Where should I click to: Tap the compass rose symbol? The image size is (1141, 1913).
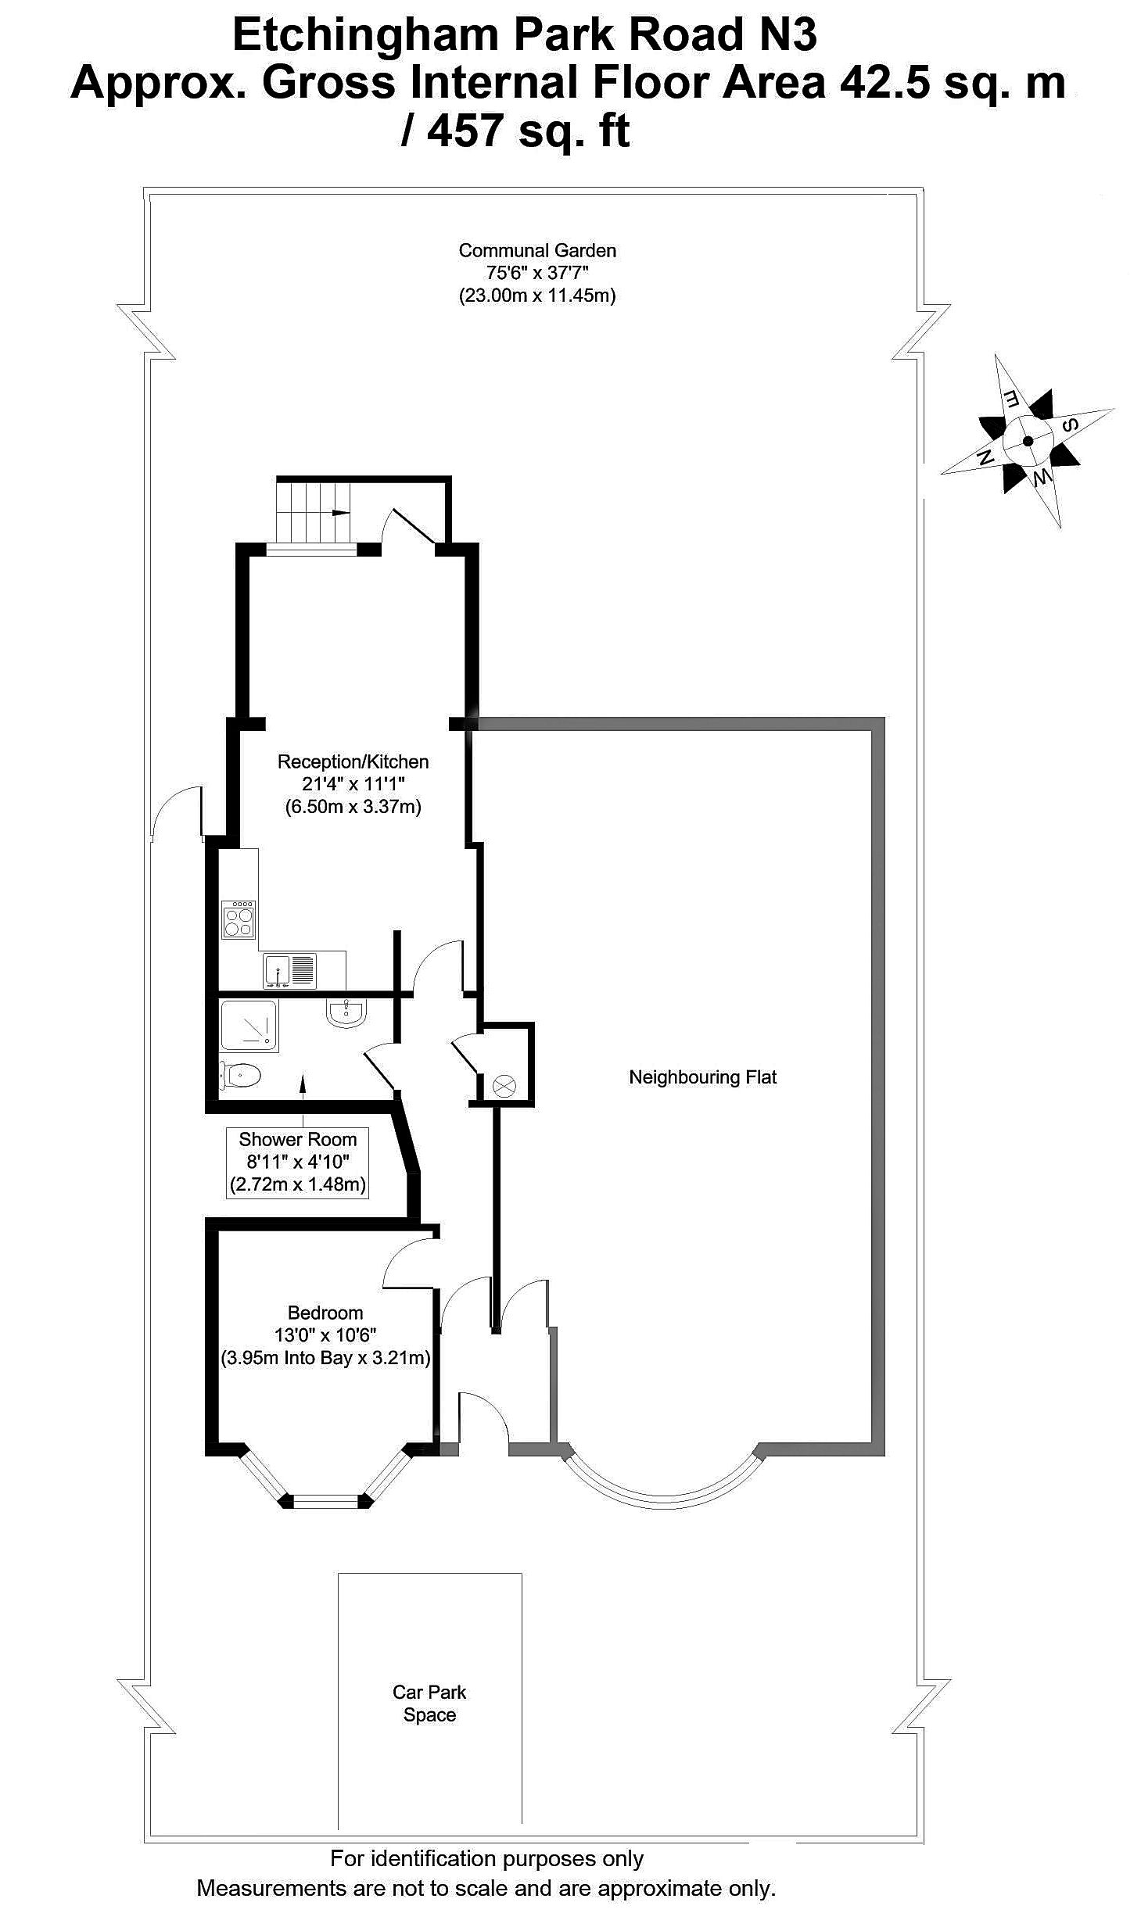click(1028, 441)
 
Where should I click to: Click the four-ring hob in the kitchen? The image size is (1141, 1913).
click(239, 919)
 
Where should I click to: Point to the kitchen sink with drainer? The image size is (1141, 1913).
click(289, 970)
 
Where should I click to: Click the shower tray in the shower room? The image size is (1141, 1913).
click(248, 1025)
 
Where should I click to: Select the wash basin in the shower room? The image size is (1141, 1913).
click(345, 1014)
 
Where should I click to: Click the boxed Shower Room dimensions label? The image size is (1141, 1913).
click(297, 1162)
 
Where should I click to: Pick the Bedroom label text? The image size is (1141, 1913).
click(325, 1313)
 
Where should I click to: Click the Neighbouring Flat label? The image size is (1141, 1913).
click(702, 1077)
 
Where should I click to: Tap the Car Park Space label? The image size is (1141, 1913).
click(429, 1703)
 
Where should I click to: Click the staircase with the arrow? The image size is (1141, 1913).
click(313, 512)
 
